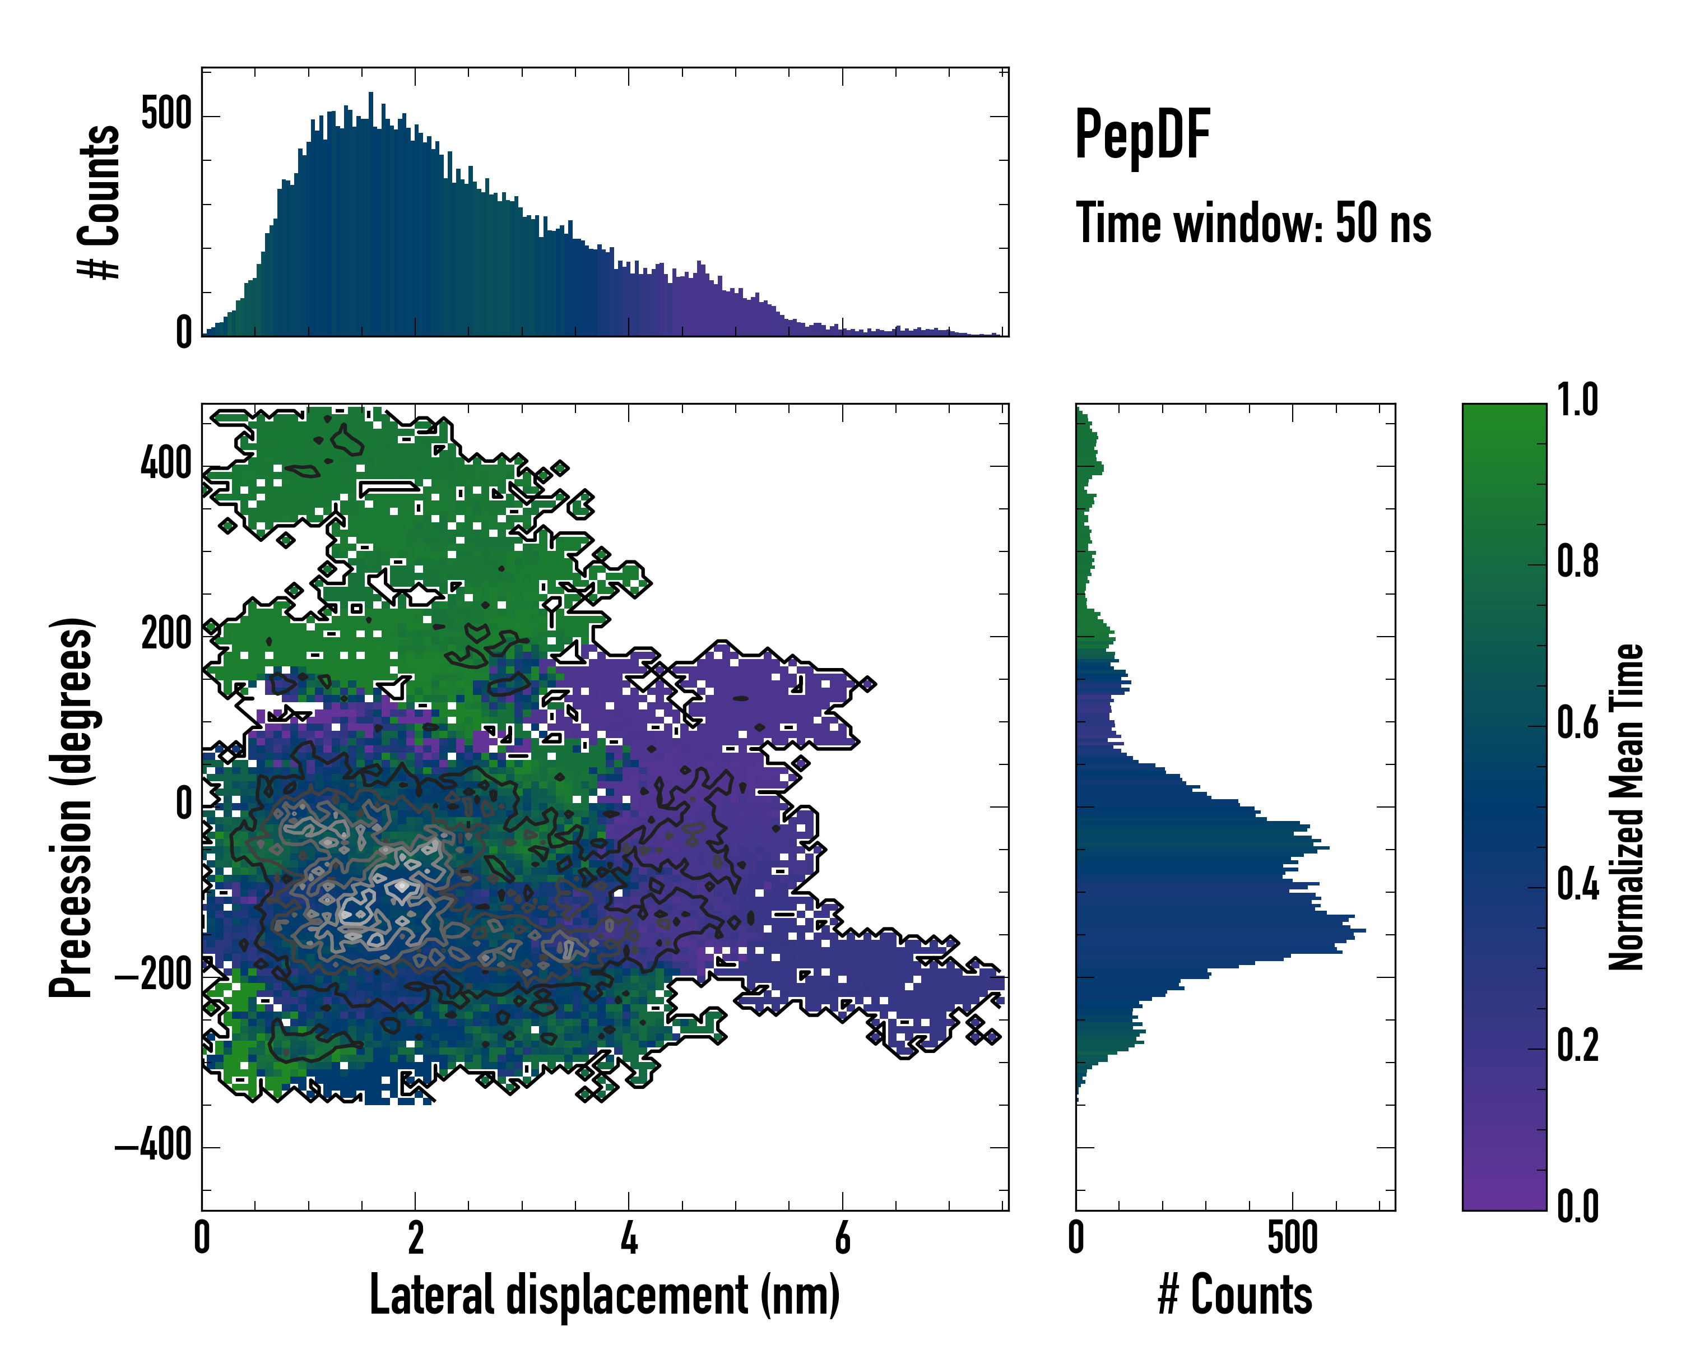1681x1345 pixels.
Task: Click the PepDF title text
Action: click(x=1141, y=136)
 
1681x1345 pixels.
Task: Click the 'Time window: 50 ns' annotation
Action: click(x=1253, y=223)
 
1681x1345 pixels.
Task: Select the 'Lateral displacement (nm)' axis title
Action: click(x=604, y=1295)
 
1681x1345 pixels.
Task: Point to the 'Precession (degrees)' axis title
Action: click(x=72, y=807)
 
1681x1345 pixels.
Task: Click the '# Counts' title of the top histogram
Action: click(x=100, y=202)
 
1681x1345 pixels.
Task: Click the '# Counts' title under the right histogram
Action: click(x=1235, y=1295)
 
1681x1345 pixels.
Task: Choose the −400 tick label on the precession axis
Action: click(x=154, y=1145)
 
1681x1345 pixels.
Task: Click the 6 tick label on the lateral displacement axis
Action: click(x=842, y=1238)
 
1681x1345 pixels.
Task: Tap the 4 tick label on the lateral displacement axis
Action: click(x=629, y=1238)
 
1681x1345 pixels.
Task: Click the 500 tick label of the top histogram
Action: click(x=166, y=115)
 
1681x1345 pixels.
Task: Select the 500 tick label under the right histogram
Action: click(x=1292, y=1238)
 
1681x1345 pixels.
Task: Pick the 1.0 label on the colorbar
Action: click(x=1577, y=400)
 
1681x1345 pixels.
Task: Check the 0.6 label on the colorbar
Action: click(x=1577, y=723)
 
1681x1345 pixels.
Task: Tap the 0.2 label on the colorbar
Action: click(x=1577, y=1046)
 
